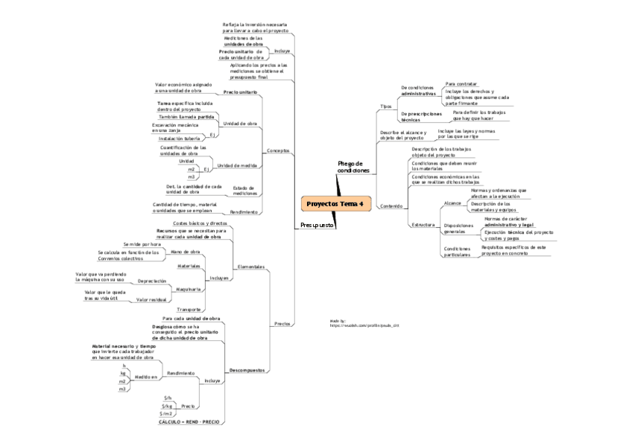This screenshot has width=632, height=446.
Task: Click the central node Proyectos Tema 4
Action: pos(335,203)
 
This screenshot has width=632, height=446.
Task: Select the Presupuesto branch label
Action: pos(317,224)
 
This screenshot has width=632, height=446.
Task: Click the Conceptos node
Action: pos(278,150)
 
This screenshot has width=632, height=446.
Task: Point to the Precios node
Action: pos(282,323)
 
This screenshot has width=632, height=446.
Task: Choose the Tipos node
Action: pos(385,106)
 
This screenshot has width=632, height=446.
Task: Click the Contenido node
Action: pos(391,206)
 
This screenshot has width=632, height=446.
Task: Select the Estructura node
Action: pos(423,224)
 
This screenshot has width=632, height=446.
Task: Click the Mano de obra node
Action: pos(186,252)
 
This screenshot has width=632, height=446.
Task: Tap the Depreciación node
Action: pos(152,281)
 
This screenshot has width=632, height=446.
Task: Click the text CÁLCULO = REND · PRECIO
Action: pos(189,421)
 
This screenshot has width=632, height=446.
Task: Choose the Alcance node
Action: pos(452,203)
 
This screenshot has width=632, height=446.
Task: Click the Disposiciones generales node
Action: pos(459,229)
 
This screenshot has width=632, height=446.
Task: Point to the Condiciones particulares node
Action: pos(457,252)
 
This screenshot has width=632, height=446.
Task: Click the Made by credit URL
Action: pos(359,325)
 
